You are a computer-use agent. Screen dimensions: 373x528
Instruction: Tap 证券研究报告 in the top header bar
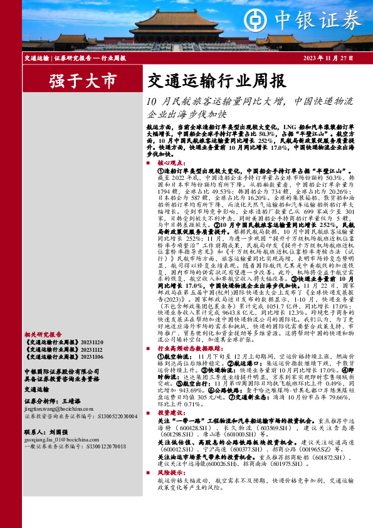pos(70,58)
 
